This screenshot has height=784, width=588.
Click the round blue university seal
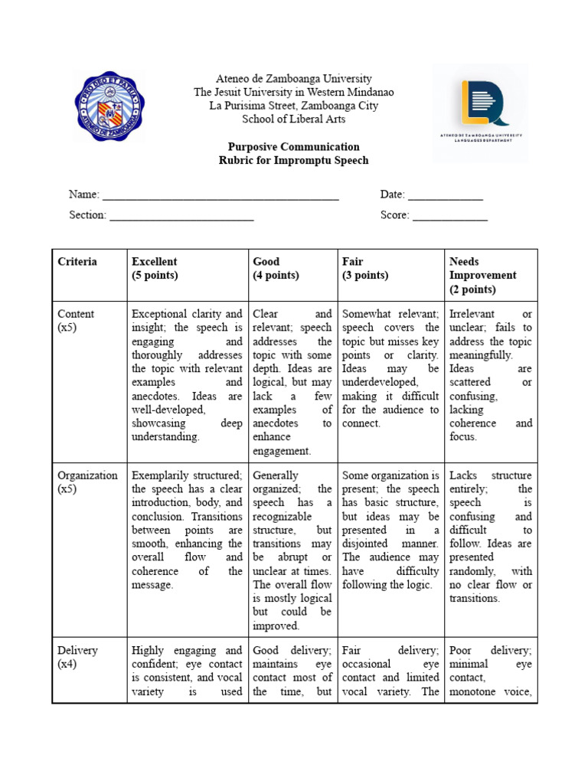(109, 106)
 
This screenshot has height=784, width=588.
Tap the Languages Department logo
(480, 112)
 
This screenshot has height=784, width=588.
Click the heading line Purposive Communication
(293, 146)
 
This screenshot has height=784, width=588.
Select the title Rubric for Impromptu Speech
(293, 160)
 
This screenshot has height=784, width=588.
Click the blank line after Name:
(220, 195)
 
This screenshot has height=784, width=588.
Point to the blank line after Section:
(181, 215)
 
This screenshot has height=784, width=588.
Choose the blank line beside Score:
(450, 215)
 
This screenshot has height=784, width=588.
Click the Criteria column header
(77, 262)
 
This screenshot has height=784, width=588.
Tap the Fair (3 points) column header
(365, 268)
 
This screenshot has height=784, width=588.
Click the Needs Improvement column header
(482, 275)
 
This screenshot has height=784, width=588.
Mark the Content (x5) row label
(76, 320)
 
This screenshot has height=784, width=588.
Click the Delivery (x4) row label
(77, 657)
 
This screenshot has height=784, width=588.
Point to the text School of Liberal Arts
(293, 119)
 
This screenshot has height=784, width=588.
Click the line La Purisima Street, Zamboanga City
(293, 106)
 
